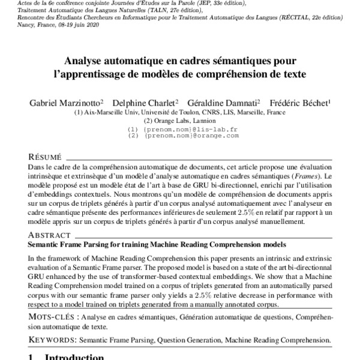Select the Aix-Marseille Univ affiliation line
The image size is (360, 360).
pyautogui.click(x=179, y=112)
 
